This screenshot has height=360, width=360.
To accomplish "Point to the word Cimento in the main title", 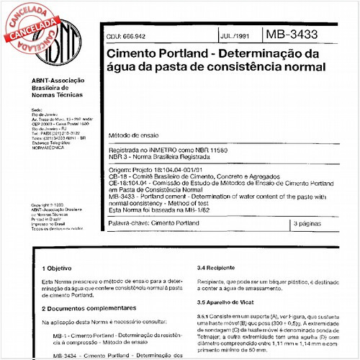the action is pos(130,53).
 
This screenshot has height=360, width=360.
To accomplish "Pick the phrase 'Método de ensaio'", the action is pos(134,135).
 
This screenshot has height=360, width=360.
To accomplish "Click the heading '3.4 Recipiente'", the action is pos(214,266).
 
